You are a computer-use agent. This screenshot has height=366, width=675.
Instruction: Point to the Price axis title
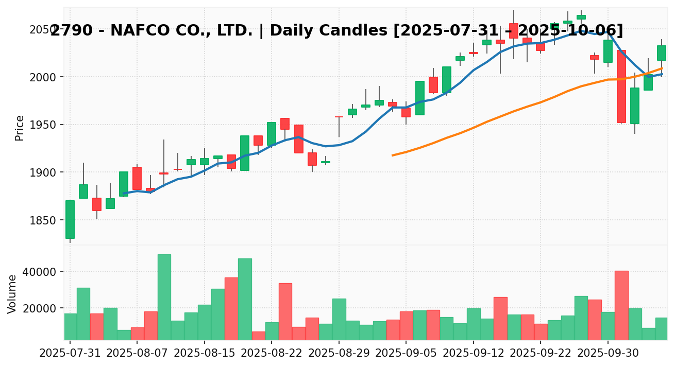pyautogui.click(x=20, y=128)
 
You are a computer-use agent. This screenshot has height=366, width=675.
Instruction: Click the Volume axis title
pyautogui.click(x=12, y=293)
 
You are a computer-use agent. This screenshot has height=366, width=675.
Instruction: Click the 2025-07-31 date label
pyautogui.click(x=70, y=355)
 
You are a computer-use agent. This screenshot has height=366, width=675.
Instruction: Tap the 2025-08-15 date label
pyautogui.click(x=205, y=355)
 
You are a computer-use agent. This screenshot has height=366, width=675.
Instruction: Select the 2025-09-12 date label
pyautogui.click(x=474, y=355)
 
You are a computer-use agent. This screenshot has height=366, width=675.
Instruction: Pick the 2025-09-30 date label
pyautogui.click(x=608, y=355)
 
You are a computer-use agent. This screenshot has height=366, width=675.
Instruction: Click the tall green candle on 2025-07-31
pyautogui.click(x=70, y=219)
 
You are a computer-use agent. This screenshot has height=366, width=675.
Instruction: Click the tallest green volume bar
pyautogui.click(x=164, y=297)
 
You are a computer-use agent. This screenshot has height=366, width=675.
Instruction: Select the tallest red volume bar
pyautogui.click(x=621, y=305)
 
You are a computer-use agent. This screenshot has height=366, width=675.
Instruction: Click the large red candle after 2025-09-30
pyautogui.click(x=621, y=86)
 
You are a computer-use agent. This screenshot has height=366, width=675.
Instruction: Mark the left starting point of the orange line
pyautogui.click(x=393, y=155)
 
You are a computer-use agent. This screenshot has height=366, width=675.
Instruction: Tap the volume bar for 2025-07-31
pyautogui.click(x=70, y=326)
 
